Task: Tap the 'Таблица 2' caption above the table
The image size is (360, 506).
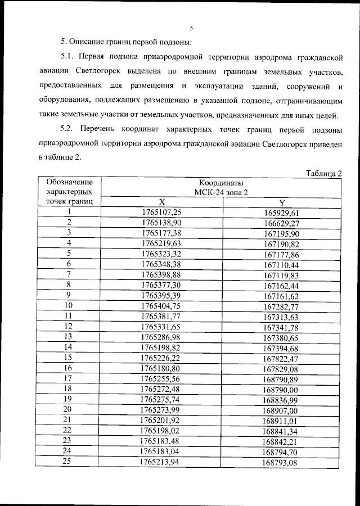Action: click(324, 173)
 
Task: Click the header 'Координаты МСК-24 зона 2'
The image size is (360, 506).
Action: click(221, 188)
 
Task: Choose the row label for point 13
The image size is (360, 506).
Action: click(69, 336)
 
